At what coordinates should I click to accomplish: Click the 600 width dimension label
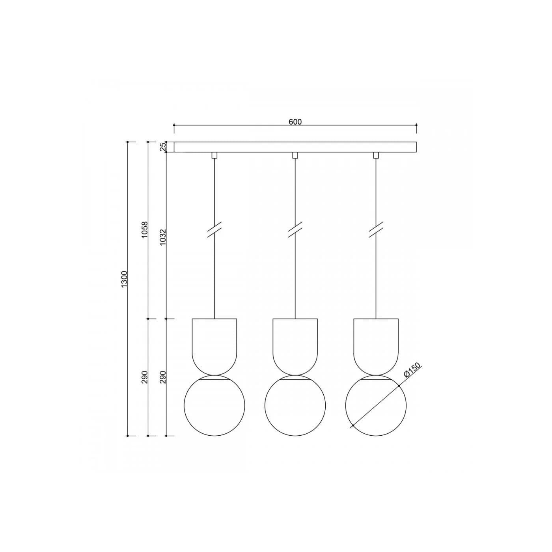click(295, 121)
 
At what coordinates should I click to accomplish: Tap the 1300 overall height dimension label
click(124, 279)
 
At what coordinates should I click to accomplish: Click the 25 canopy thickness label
click(163, 146)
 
